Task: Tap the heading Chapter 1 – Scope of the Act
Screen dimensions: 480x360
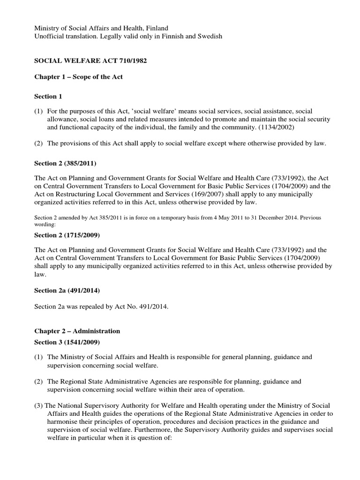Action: click(79, 77)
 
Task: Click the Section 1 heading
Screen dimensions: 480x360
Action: click(48, 97)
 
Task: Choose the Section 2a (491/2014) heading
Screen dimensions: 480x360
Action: click(67, 291)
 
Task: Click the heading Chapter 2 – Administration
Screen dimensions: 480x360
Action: click(77, 331)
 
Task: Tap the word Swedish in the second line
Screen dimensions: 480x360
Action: click(210, 37)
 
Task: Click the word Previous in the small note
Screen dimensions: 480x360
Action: click(322, 217)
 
